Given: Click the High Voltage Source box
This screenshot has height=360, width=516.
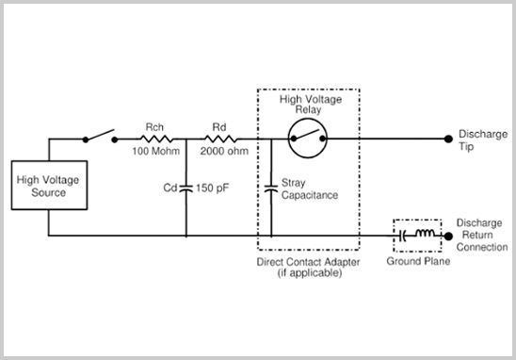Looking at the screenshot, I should [49, 186].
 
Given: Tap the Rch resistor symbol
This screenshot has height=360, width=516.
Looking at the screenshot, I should [153, 139].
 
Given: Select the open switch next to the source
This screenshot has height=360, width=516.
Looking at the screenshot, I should [99, 137].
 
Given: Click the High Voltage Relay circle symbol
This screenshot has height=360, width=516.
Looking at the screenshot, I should [308, 139].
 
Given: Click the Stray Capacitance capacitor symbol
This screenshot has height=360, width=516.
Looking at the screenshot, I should [271, 188].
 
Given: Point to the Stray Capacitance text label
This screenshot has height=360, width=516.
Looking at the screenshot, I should [307, 188].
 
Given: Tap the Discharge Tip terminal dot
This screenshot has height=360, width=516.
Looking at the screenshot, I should [446, 139].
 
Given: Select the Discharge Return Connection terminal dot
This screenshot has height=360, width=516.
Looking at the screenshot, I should [446, 236].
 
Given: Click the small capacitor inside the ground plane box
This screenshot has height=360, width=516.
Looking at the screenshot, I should [406, 236].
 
